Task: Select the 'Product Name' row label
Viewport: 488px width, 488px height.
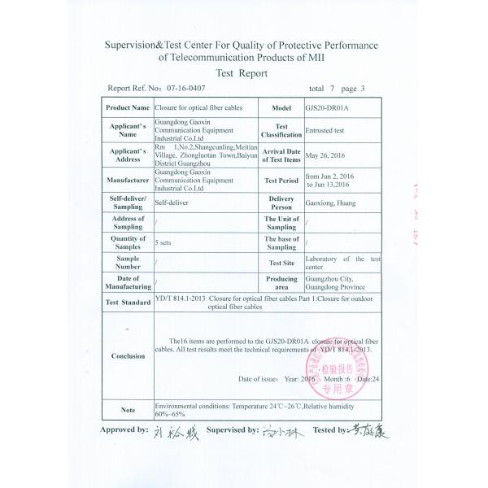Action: (x=128, y=107)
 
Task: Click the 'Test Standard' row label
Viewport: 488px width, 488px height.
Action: (x=128, y=303)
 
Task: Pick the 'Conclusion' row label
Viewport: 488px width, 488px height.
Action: (x=128, y=356)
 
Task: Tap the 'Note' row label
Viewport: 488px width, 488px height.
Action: (x=128, y=409)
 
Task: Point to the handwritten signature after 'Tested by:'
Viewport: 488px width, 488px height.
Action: (x=368, y=432)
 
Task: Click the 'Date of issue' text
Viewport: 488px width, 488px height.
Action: (x=259, y=380)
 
